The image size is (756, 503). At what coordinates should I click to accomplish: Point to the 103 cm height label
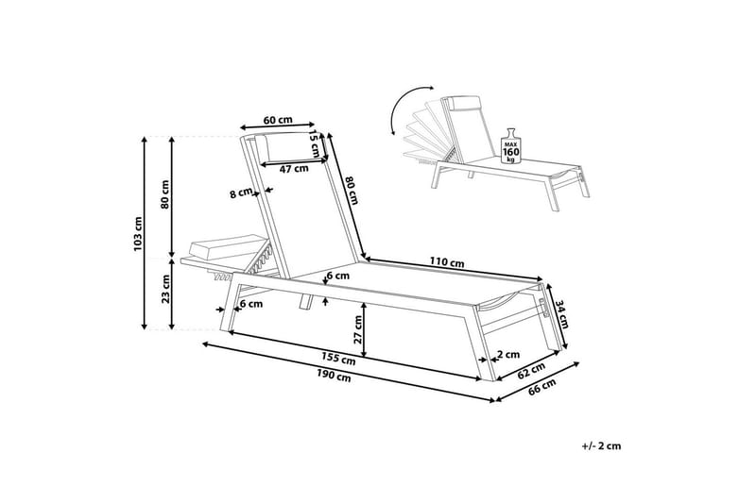pos(138,234)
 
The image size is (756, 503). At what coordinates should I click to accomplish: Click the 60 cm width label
pos(278,120)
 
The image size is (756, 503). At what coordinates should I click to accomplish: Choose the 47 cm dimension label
pos(295,169)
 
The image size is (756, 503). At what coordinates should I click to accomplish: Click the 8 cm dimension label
pos(242,194)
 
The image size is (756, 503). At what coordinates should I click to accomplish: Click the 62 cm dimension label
pos(532,370)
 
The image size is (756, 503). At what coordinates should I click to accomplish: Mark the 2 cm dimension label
pos(507,355)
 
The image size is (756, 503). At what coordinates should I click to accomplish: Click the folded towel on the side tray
pos(214,250)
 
